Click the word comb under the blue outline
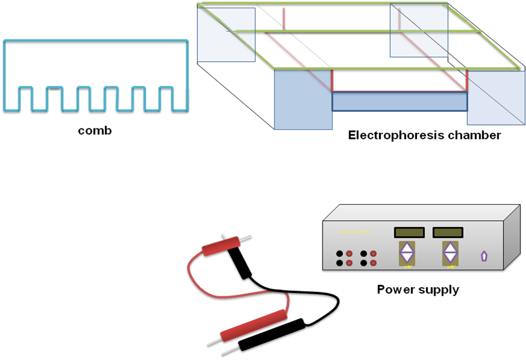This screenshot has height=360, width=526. pyautogui.click(x=95, y=131)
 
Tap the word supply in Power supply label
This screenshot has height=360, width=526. pyautogui.click(x=438, y=290)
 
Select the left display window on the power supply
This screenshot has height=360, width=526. pyautogui.click(x=409, y=232)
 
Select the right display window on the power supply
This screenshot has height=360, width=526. pyautogui.click(x=448, y=232)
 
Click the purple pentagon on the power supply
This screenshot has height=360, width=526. pyautogui.click(x=484, y=256)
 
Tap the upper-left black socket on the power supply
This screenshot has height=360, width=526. pyautogui.click(x=340, y=254)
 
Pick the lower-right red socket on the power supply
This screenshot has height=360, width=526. pyautogui.click(x=373, y=263)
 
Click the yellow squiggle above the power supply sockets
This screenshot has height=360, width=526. pyautogui.click(x=355, y=232)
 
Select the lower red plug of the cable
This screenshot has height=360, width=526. pyautogui.click(x=254, y=325)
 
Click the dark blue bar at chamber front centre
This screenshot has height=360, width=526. pyautogui.click(x=400, y=101)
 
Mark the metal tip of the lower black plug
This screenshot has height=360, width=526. pyautogui.click(x=231, y=351)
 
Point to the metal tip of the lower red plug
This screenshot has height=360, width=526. pyautogui.click(x=214, y=342)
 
